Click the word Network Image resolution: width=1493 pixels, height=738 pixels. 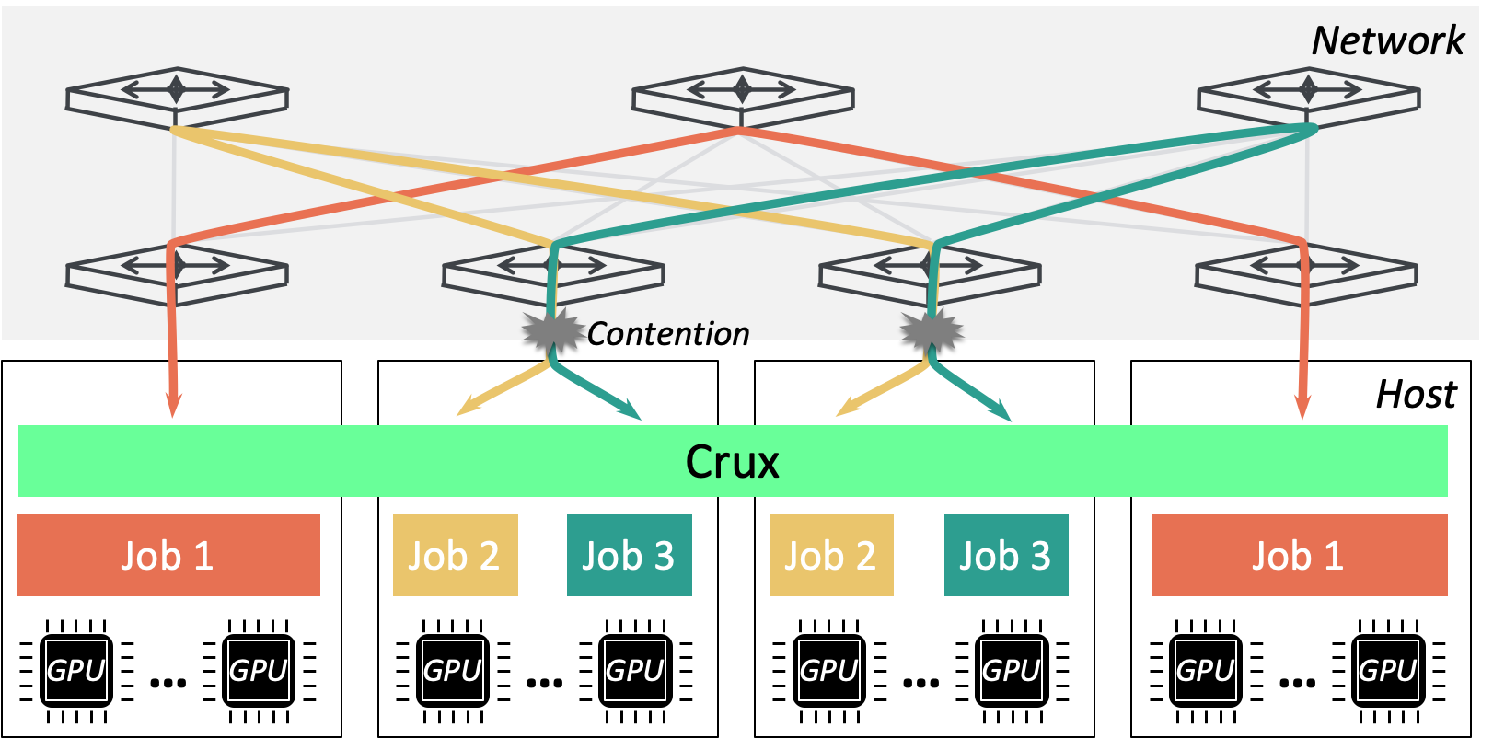(1388, 40)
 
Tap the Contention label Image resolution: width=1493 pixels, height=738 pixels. (668, 334)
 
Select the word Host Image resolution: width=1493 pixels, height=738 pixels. (1417, 395)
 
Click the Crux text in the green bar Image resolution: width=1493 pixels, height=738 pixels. (732, 462)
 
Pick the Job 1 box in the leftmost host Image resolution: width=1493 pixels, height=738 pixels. (168, 555)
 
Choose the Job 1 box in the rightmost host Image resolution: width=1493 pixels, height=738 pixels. (1299, 555)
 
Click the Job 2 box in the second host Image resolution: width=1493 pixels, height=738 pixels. (456, 555)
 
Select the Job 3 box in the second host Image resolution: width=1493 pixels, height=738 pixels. (630, 555)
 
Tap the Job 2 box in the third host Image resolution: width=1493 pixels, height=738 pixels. (831, 555)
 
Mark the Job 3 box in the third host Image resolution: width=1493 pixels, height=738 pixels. (1006, 555)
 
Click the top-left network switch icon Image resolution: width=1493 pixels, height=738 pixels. (177, 98)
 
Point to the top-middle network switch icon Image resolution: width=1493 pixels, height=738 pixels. (743, 98)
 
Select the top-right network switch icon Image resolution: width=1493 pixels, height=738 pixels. (1308, 98)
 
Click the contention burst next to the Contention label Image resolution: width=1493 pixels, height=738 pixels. (552, 331)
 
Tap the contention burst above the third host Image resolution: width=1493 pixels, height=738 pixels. (932, 331)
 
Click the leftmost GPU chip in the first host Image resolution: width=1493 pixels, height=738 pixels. (76, 670)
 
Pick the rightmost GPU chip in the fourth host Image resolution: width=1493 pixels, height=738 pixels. (1388, 670)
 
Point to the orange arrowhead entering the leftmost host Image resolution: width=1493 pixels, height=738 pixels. (173, 403)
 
